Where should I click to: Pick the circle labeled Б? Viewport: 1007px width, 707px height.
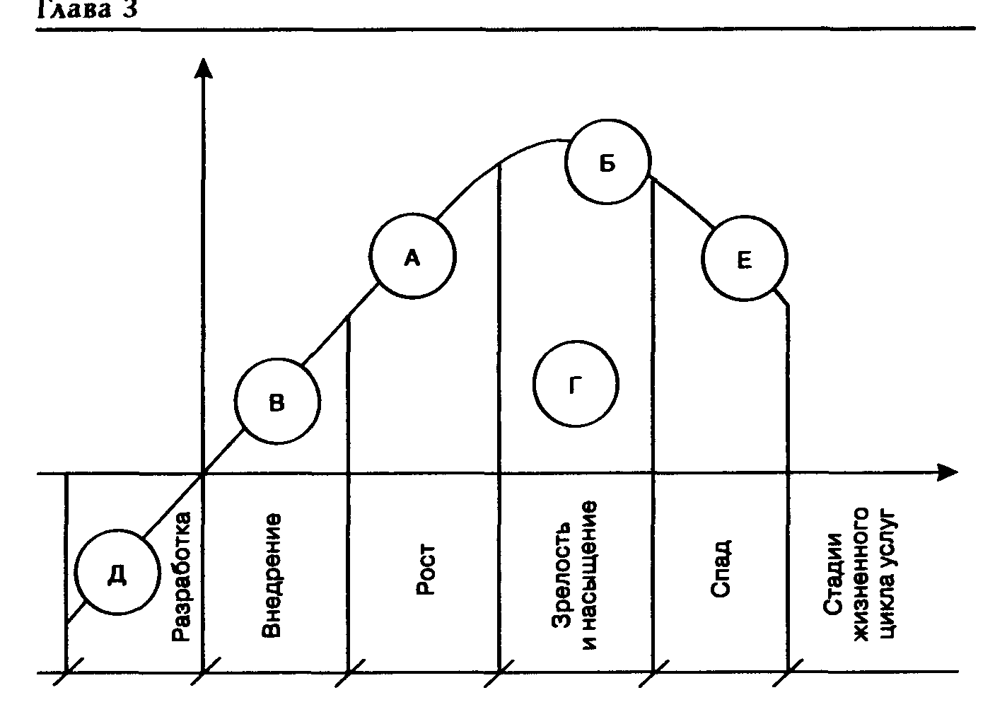click(x=607, y=163)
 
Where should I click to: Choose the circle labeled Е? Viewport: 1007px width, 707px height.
click(x=744, y=259)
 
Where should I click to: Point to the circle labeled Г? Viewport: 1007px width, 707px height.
click(x=576, y=384)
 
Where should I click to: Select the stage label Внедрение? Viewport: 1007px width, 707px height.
click(x=272, y=575)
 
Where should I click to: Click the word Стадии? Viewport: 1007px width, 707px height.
click(x=834, y=577)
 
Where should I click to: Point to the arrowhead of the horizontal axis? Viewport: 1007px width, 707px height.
click(x=948, y=472)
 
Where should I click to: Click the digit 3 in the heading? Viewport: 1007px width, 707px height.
click(x=129, y=10)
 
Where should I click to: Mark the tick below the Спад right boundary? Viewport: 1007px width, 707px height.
click(x=788, y=672)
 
